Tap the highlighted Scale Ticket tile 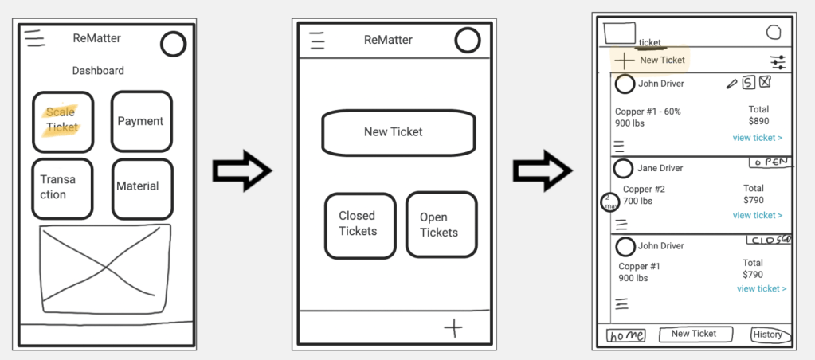point(62,121)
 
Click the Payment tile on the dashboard point(141,121)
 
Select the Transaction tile point(62,188)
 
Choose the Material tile point(141,188)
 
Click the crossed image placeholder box point(106,268)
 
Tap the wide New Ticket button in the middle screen point(398,132)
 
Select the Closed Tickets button point(359,225)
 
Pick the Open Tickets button point(441,225)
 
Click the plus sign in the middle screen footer point(453,327)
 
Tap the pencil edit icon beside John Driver point(732,83)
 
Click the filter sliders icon point(778,61)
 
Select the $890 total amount point(758,122)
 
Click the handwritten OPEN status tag point(770,162)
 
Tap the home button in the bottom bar point(626,335)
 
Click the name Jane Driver point(660,169)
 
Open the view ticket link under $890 point(757,138)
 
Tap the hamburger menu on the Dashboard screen point(34,37)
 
